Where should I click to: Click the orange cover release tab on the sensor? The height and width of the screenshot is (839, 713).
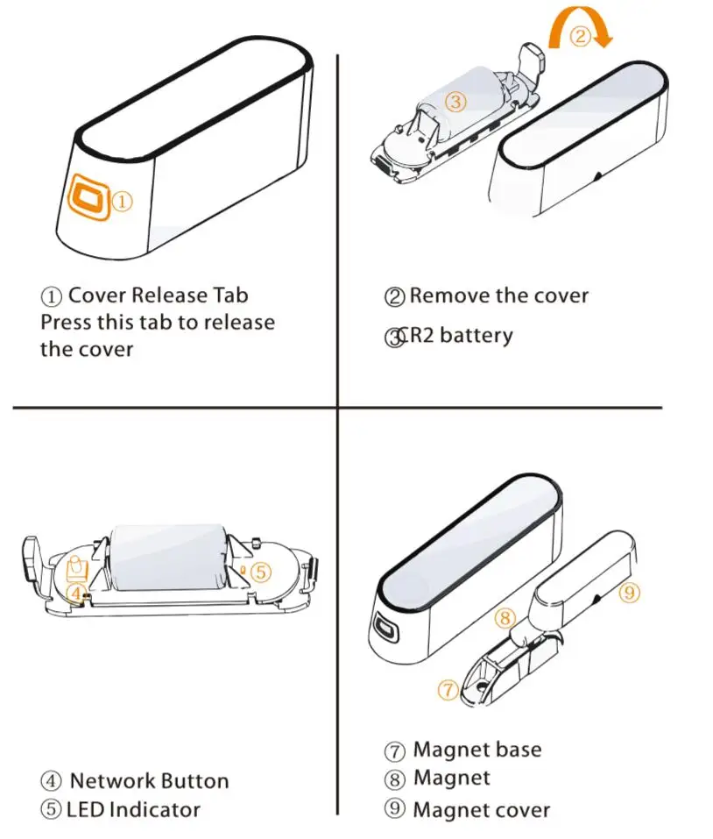click(x=89, y=197)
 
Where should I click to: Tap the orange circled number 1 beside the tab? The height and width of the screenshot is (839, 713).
click(x=123, y=202)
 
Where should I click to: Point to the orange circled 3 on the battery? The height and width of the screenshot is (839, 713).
click(x=455, y=101)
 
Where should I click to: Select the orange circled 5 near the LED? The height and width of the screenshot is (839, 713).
click(x=260, y=572)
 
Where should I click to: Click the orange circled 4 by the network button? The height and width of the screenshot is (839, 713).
click(x=76, y=593)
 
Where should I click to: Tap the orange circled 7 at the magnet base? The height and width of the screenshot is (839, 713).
click(x=448, y=689)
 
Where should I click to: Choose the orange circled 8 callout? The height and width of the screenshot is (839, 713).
click(x=505, y=618)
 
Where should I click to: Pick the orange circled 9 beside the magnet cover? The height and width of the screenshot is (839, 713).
click(x=629, y=593)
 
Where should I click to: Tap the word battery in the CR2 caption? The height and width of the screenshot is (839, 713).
click(x=477, y=336)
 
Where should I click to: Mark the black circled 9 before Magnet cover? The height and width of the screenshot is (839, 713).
click(x=394, y=808)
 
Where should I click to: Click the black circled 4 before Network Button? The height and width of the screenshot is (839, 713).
click(x=51, y=780)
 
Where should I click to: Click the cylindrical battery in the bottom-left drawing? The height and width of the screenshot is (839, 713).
click(x=167, y=557)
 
